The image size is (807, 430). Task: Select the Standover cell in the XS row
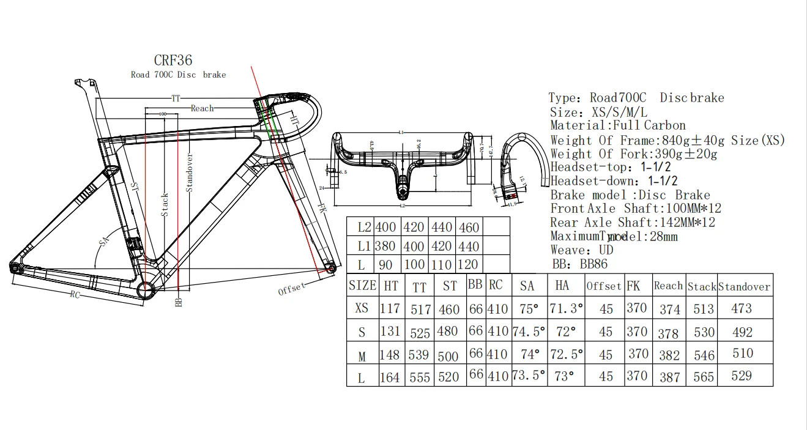(742, 308)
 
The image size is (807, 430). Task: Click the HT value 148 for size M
(389, 354)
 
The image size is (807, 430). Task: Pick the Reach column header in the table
(668, 286)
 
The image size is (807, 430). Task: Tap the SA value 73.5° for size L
(529, 376)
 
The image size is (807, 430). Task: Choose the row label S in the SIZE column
(362, 332)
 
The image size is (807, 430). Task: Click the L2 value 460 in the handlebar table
(469, 228)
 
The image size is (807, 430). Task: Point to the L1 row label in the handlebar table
(364, 247)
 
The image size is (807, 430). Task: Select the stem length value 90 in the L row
(385, 265)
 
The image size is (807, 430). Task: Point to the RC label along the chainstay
(75, 295)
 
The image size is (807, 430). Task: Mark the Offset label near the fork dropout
(291, 288)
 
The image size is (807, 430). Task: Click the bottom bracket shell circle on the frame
(147, 290)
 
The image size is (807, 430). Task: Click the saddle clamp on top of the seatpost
(83, 83)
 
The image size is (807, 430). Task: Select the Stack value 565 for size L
(703, 377)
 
